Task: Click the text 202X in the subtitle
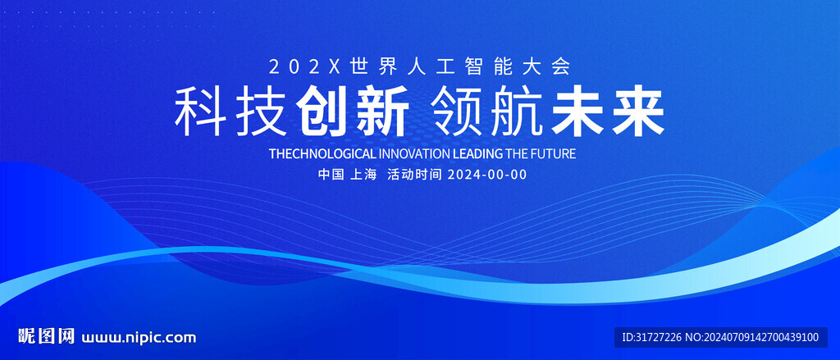point(304,67)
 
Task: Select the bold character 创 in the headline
point(323,113)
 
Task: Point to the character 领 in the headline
point(456,113)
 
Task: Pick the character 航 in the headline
point(517,113)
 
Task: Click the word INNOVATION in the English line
point(414,154)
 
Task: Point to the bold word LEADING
point(478,154)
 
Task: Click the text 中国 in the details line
point(330,175)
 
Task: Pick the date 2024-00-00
point(487,175)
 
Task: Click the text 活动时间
point(414,175)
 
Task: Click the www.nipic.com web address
point(139,338)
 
